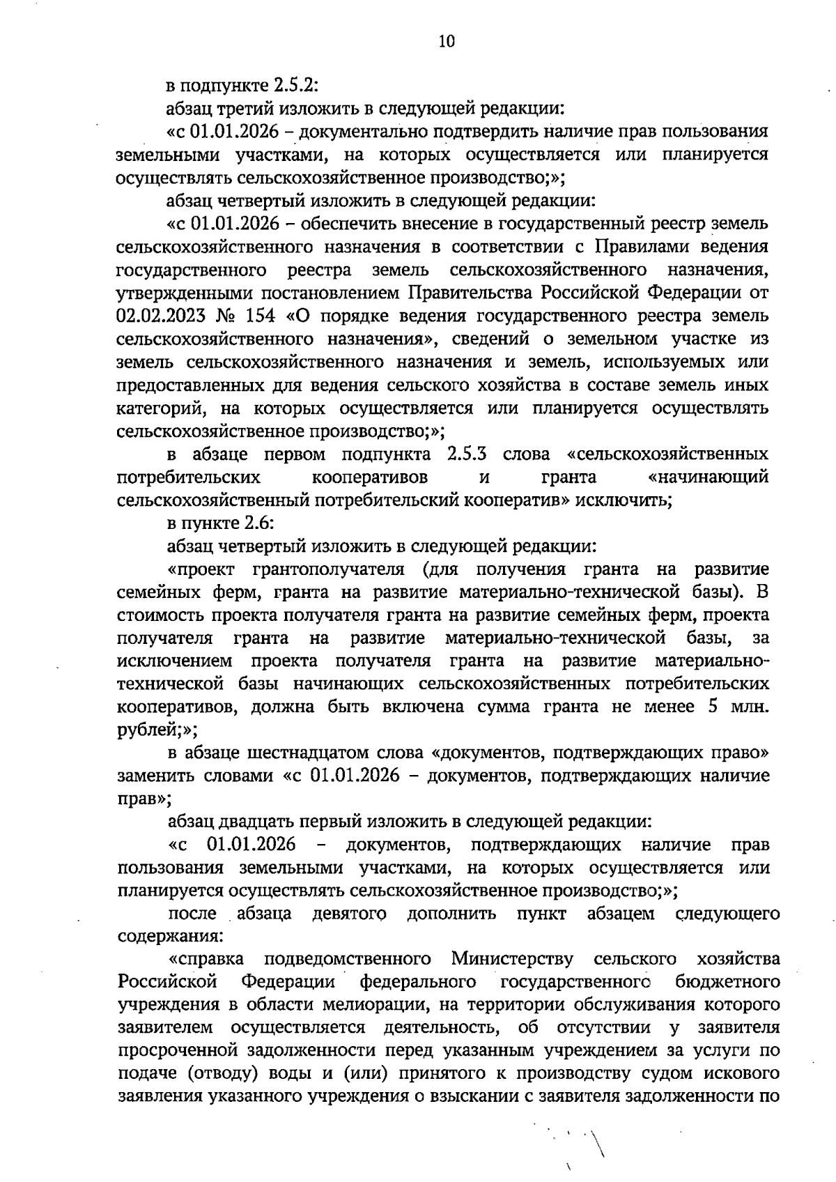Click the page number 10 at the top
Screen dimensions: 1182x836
click(x=446, y=41)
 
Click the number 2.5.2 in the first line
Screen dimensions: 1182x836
click(x=295, y=86)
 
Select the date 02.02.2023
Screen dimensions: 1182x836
click(x=161, y=316)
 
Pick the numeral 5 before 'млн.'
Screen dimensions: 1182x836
click(x=713, y=707)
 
